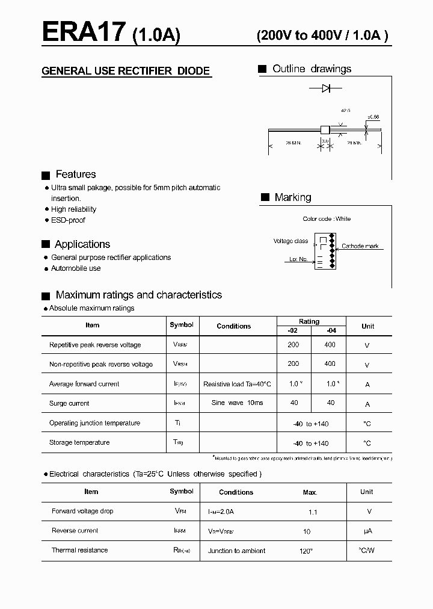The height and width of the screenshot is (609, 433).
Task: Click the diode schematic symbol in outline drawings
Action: [x=325, y=88]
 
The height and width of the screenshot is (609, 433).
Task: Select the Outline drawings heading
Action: [x=312, y=69]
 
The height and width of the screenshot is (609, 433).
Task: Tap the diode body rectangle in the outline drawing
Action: [x=325, y=129]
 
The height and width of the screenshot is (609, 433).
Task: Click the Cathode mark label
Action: [x=360, y=246]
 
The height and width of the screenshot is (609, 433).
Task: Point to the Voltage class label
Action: [x=290, y=241]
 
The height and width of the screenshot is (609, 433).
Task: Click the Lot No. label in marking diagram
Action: [x=298, y=259]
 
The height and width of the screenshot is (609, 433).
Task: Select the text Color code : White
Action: [x=327, y=219]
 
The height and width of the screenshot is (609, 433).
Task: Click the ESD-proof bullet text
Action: [x=68, y=220]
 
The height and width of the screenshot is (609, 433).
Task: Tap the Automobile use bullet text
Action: [x=76, y=268]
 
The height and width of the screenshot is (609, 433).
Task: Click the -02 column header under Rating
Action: [x=293, y=330]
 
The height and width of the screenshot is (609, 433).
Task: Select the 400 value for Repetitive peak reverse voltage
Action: [x=330, y=345]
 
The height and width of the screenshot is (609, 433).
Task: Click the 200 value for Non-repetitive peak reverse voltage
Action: [x=293, y=364]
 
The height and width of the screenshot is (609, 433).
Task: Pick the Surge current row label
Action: [x=69, y=404]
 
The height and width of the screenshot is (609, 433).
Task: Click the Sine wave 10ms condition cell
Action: [x=237, y=403]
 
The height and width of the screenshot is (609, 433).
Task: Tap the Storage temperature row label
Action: [x=79, y=443]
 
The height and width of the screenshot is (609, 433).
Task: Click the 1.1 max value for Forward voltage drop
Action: [x=312, y=512]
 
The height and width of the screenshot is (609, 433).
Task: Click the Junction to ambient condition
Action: [x=236, y=551]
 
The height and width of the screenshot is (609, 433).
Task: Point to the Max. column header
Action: [x=310, y=492]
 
